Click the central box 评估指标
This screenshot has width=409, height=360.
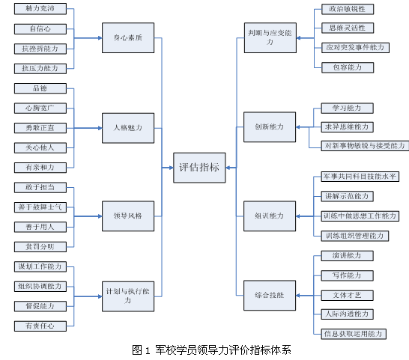(x=199, y=167)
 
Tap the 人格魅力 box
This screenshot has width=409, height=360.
(x=127, y=126)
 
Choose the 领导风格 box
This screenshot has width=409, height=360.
(x=127, y=216)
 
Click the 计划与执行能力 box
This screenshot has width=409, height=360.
(x=127, y=295)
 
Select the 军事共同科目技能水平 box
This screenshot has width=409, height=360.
(x=360, y=177)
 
